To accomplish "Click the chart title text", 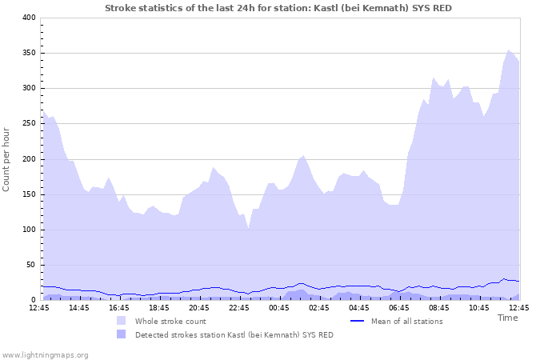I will click(283, 7).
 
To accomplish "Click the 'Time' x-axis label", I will click(507, 318).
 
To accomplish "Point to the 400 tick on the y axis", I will click(28, 18).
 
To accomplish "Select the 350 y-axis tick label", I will click(28, 53).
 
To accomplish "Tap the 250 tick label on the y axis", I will click(28, 123).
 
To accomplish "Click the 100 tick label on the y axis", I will click(28, 230).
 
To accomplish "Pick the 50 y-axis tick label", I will click(30, 265).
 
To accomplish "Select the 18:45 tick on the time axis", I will click(158, 307).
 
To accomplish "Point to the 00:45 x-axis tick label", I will click(278, 307).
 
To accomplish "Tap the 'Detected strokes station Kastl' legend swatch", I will click(122, 334).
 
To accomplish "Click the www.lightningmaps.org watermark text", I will click(45, 354).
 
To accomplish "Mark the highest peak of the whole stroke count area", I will click(509, 50).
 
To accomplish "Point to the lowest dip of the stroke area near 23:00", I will click(249, 228).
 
